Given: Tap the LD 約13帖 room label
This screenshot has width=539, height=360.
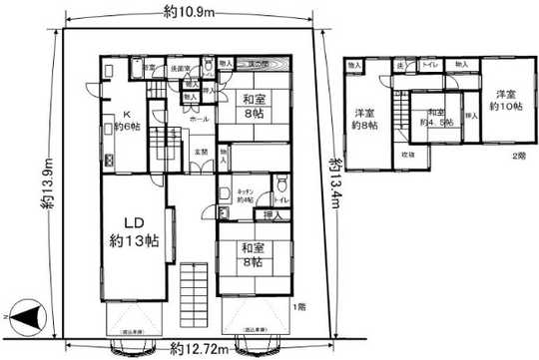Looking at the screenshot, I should (x=133, y=231).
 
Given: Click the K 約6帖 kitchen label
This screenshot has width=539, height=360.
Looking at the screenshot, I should (x=126, y=121).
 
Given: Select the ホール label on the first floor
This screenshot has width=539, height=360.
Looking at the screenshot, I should (x=199, y=118).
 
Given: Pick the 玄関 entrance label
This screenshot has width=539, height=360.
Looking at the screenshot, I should (x=200, y=152).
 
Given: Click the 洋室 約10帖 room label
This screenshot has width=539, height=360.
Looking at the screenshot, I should (x=506, y=101).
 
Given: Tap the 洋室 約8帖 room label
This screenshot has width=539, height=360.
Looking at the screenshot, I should (x=362, y=118).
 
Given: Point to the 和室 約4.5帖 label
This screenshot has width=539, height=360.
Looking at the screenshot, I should (x=434, y=116).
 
